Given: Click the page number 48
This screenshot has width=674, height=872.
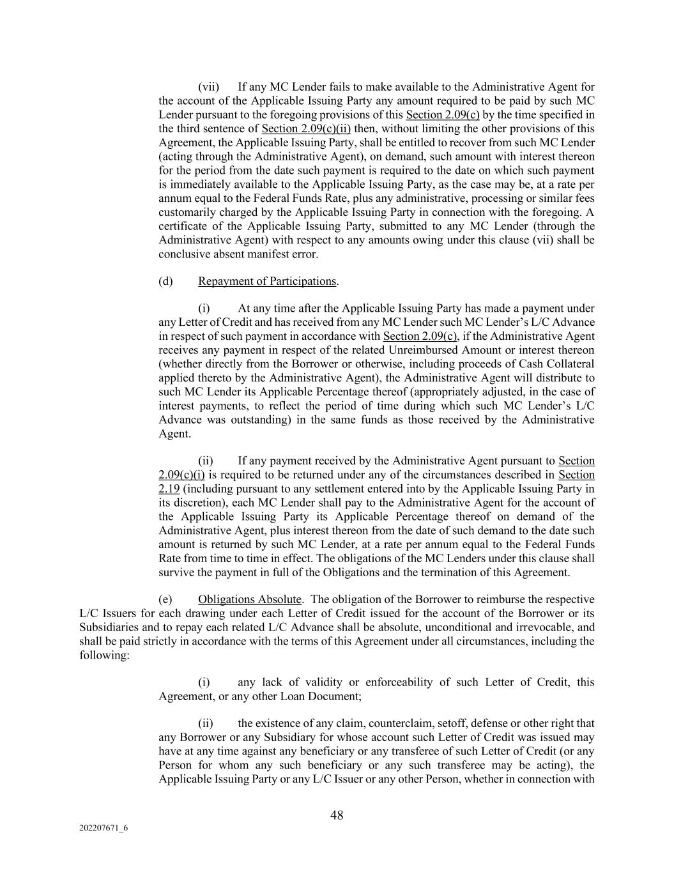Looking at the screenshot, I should coord(337,815).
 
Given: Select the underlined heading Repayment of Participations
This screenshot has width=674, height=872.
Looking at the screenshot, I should coord(267,281).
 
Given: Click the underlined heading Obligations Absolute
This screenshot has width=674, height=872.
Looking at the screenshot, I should coord(249,599).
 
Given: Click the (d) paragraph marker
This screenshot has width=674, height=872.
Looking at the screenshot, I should coord(165,281).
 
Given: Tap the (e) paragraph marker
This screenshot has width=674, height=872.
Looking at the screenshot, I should coord(165,599).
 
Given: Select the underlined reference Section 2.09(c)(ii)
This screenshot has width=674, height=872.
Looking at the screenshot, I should coord(306,129).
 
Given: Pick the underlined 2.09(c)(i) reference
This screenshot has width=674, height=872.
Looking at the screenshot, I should coord(181,475).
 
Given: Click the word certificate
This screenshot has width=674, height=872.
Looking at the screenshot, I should coord(181,226).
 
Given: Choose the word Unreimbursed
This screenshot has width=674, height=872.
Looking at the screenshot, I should coord(459,350).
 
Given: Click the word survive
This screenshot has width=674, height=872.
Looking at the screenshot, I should coord(176,572).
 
